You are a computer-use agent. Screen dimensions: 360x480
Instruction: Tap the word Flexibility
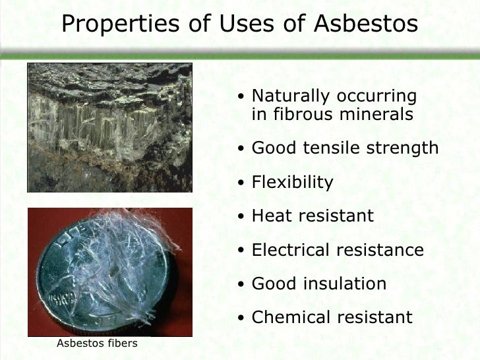point(293,182)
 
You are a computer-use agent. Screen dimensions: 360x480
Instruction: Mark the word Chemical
point(291,318)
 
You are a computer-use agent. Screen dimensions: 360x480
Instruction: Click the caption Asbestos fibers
point(96,343)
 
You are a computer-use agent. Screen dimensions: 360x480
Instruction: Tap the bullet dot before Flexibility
point(242,183)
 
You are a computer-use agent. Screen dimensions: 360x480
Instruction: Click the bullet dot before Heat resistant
point(242,217)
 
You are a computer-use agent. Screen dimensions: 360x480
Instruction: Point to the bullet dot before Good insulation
point(242,285)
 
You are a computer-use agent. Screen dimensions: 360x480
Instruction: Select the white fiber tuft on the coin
point(125,247)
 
